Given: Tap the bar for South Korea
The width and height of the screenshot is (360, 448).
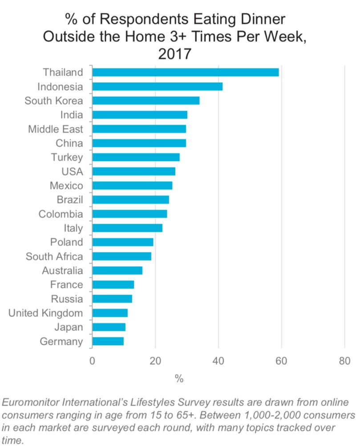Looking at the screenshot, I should pos(146,101).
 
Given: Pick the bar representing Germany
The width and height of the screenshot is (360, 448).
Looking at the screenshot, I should pos(108,342).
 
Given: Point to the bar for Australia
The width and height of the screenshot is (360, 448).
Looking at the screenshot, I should pos(117,271).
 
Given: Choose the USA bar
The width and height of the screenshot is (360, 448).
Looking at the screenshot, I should pos(133,171).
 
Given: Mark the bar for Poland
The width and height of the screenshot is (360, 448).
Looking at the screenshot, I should pos(122,242).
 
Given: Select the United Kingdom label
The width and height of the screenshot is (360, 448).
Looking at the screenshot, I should pos(46,313).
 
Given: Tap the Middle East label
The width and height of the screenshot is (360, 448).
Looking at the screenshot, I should pos(55,129).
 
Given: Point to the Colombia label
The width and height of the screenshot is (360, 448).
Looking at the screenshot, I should pos(61,214).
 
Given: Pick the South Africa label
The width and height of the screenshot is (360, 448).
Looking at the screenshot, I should pos(54,257).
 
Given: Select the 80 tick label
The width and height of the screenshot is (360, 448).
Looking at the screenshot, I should pos(344,361).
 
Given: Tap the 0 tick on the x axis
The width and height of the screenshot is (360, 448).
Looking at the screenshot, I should pos(92,361).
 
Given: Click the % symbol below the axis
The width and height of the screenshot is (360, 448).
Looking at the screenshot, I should pos(179,379).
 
